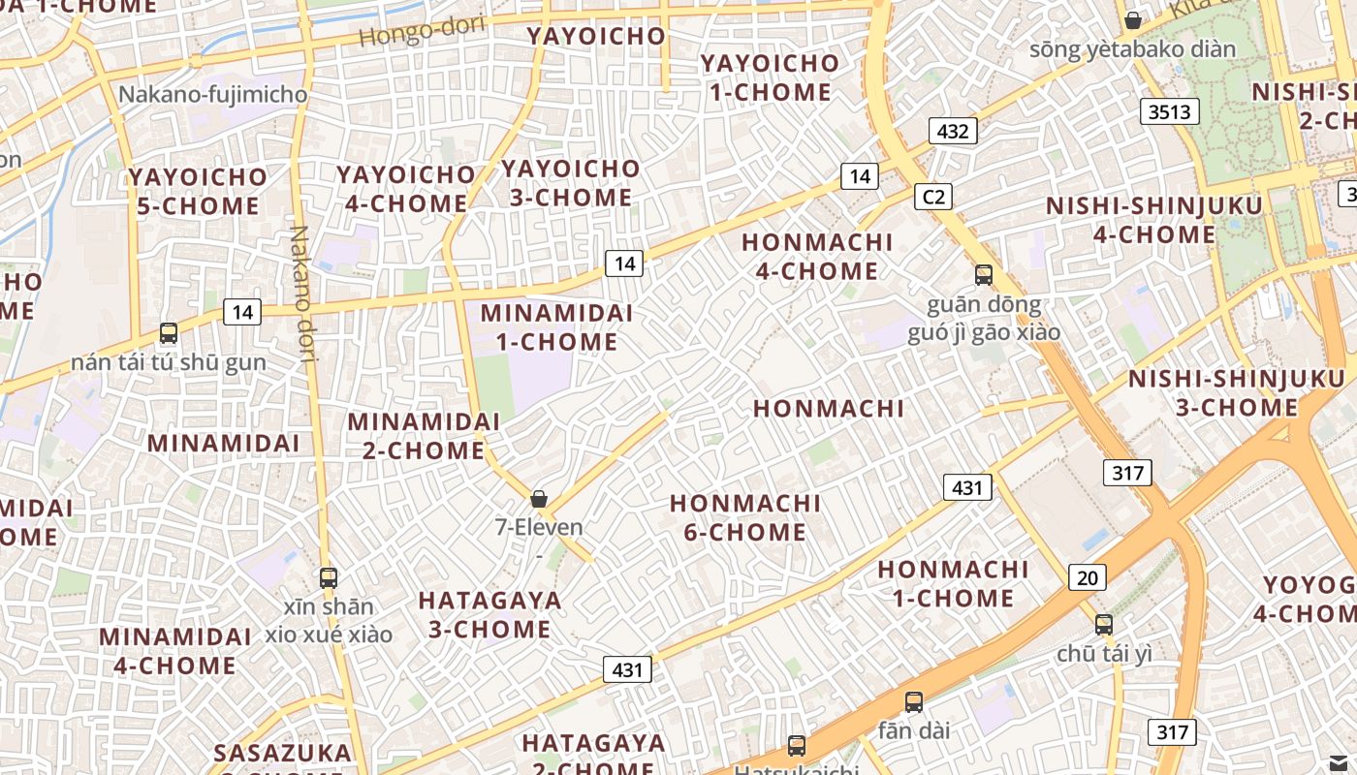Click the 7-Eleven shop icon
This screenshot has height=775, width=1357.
[539, 499]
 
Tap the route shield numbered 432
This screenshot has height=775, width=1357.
[953, 131]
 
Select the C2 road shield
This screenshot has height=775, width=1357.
[932, 198]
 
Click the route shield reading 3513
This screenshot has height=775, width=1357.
[1169, 111]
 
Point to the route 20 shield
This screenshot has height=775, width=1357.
[1087, 578]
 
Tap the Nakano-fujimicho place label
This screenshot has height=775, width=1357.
[212, 95]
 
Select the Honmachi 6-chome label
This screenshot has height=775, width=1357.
[744, 517]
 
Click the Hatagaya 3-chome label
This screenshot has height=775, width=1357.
[489, 614]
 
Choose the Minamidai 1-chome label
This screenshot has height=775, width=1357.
[556, 327]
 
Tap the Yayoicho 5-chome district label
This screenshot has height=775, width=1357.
[198, 191]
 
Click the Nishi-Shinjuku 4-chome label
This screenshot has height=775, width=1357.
[1153, 220]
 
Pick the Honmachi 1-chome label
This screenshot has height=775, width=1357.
[953, 583]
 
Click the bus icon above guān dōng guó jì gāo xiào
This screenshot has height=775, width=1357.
[984, 274]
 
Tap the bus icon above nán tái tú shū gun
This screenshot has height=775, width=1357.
[169, 333]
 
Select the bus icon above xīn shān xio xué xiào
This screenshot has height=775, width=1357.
[329, 578]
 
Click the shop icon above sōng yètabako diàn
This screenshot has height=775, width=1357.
[1132, 20]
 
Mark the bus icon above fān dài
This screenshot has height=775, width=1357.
[913, 702]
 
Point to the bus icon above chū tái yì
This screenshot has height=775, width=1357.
[1104, 625]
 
